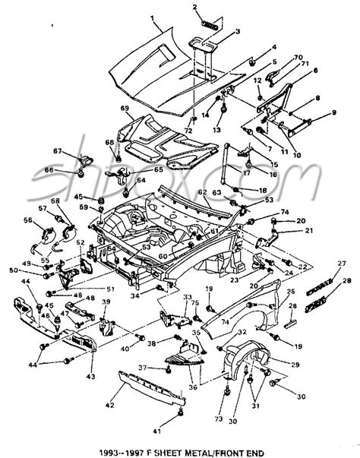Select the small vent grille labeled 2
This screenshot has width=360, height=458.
(x=207, y=21)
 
